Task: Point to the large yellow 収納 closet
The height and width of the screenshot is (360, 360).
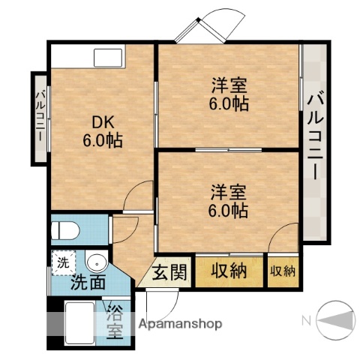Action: (229, 271)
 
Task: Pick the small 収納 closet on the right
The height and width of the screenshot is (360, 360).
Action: (282, 271)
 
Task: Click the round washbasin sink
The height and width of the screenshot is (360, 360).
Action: (95, 263)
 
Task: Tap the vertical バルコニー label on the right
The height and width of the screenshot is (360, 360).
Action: (316, 136)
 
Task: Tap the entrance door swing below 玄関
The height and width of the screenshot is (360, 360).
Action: (163, 302)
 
